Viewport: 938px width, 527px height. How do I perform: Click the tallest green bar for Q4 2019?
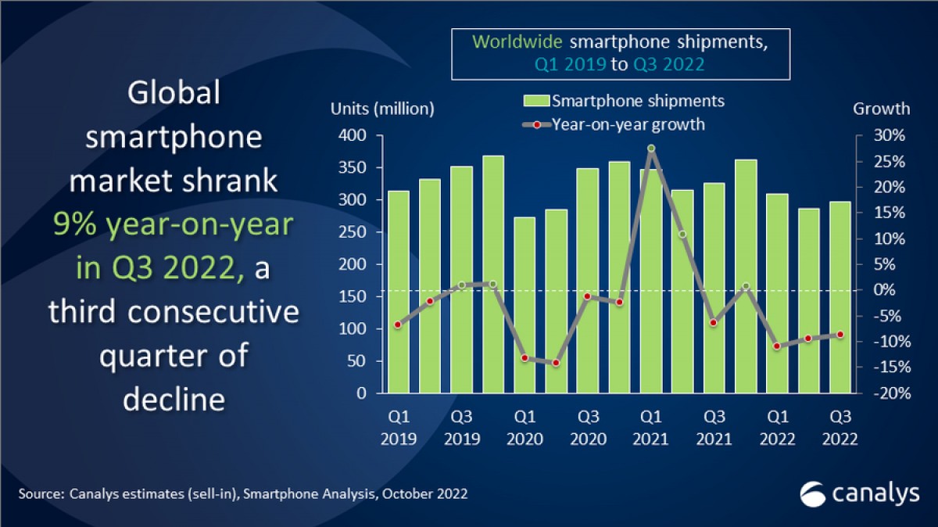click(492, 274)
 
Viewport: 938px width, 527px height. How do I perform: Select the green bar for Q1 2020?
click(524, 305)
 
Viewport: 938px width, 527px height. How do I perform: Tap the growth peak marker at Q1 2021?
click(650, 149)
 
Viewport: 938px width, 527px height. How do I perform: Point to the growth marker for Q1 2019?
click(398, 324)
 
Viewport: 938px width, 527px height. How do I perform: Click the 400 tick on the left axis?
click(354, 136)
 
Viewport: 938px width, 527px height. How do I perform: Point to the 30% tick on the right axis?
click(889, 136)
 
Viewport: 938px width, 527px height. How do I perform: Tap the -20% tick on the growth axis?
click(886, 393)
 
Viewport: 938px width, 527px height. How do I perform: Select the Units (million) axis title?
click(382, 109)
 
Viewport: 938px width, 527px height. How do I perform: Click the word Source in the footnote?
click(40, 493)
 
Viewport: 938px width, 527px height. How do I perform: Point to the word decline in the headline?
click(174, 399)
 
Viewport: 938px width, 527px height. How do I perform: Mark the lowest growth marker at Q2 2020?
click(556, 363)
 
